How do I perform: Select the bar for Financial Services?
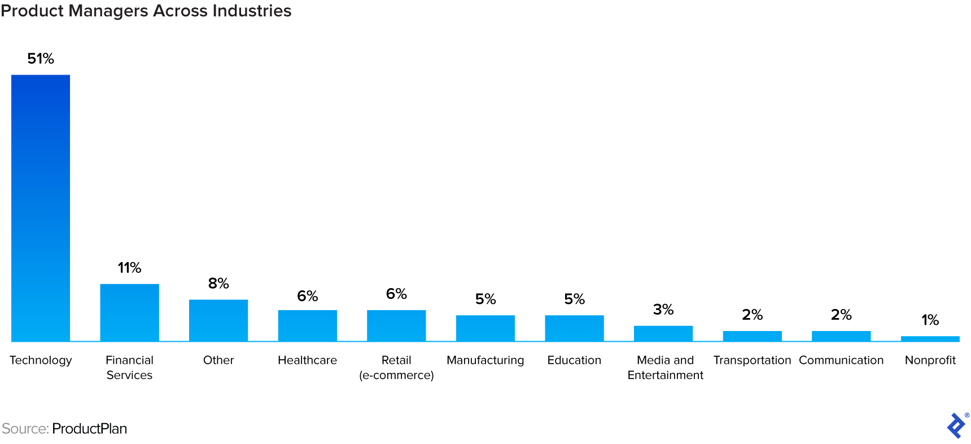pos(129,312)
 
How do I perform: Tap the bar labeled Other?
pos(218,320)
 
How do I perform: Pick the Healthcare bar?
pos(308,325)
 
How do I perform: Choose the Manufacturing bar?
pos(485,328)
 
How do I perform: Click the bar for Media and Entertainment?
pos(663,333)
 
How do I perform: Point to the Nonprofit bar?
pos(930,339)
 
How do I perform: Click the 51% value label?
pos(41,59)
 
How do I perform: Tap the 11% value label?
pos(129,268)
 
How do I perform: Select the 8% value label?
pos(218,284)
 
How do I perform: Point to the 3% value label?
pos(663,310)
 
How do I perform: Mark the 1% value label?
pos(930,320)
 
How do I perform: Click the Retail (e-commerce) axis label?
pos(396,368)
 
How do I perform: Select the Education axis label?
pos(574,360)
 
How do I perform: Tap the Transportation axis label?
pos(752,360)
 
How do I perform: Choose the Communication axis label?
pos(841,360)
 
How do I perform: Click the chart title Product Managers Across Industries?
pos(146,11)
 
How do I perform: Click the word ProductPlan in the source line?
pos(89,429)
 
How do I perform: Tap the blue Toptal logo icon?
pos(956,425)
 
